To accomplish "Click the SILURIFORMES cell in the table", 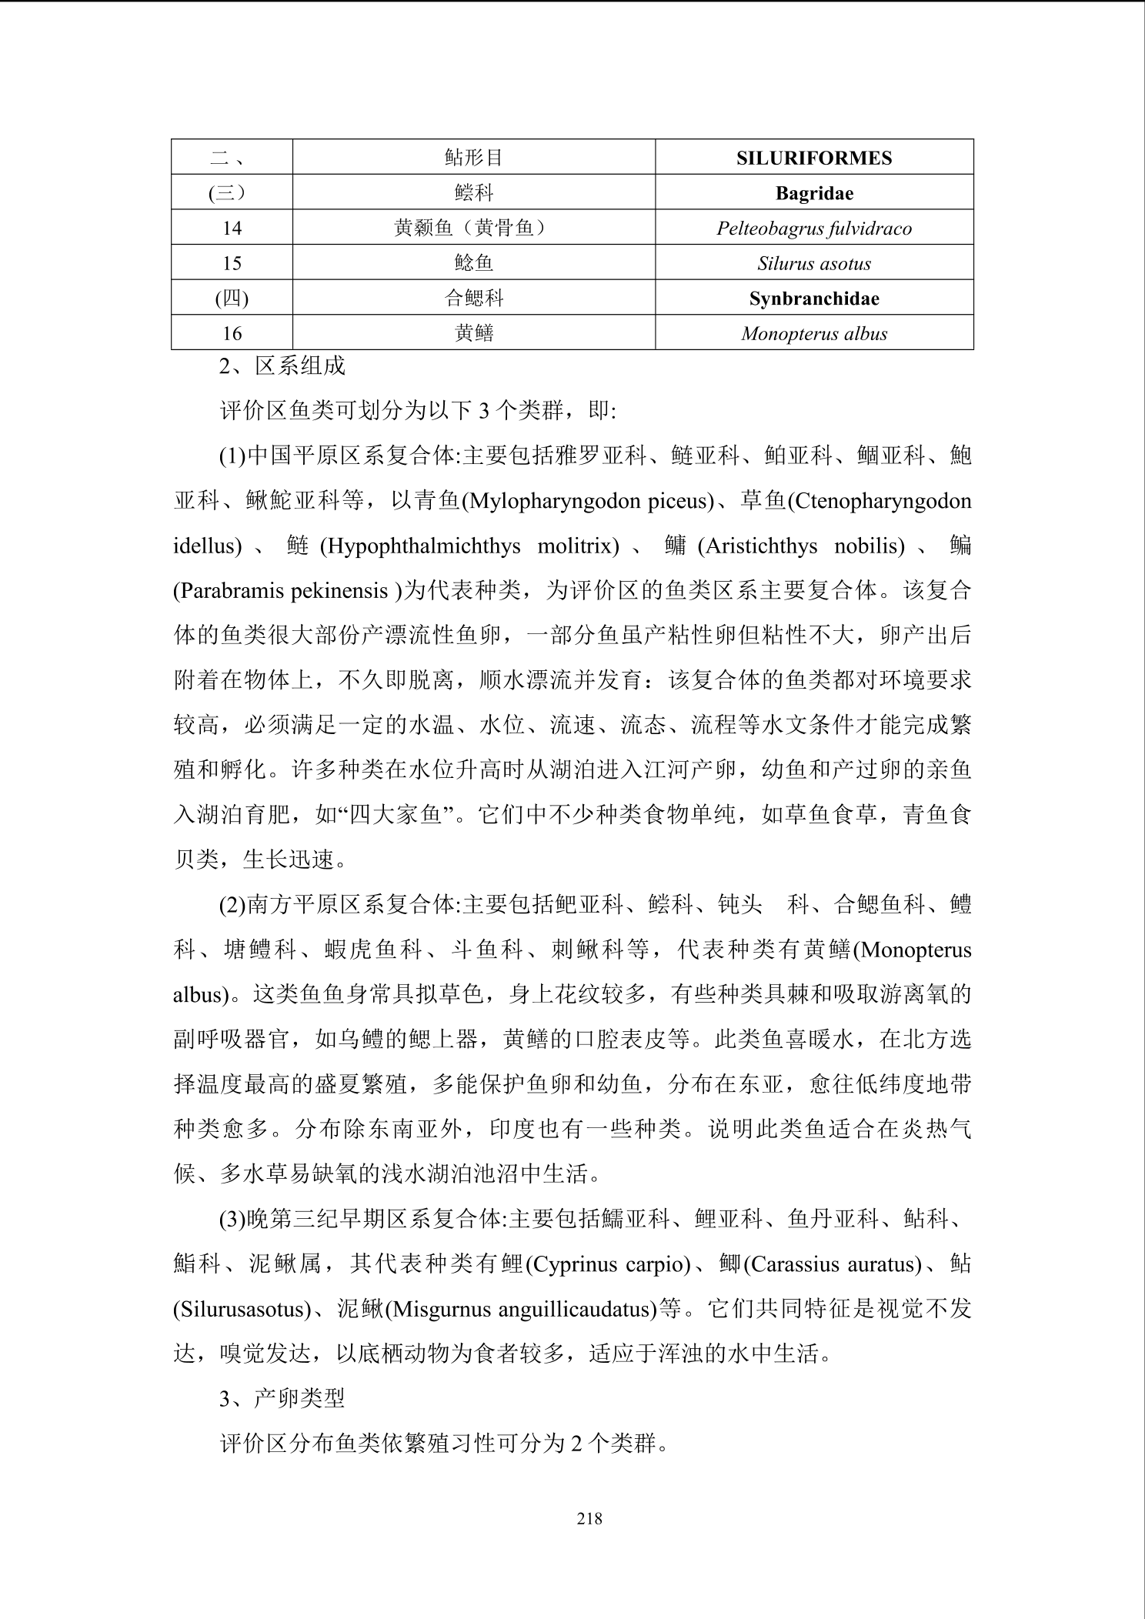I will pos(814,158).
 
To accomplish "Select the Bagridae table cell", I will pos(814,193).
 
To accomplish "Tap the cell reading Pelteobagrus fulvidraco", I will pos(814,229).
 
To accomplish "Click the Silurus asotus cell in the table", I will pos(814,263).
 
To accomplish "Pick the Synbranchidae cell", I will pos(814,299).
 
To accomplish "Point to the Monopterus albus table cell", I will pos(814,333).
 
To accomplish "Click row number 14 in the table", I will pos(232,229).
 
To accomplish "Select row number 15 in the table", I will pos(232,263).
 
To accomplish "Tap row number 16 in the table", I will pos(232,333).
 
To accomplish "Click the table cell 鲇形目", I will pos(473,158).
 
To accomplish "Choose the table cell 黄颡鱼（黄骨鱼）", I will pos(473,229).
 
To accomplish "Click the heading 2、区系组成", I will pos(282,366).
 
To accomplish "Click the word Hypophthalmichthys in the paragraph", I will pos(420,546).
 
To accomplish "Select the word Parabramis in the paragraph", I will pos(231,591).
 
